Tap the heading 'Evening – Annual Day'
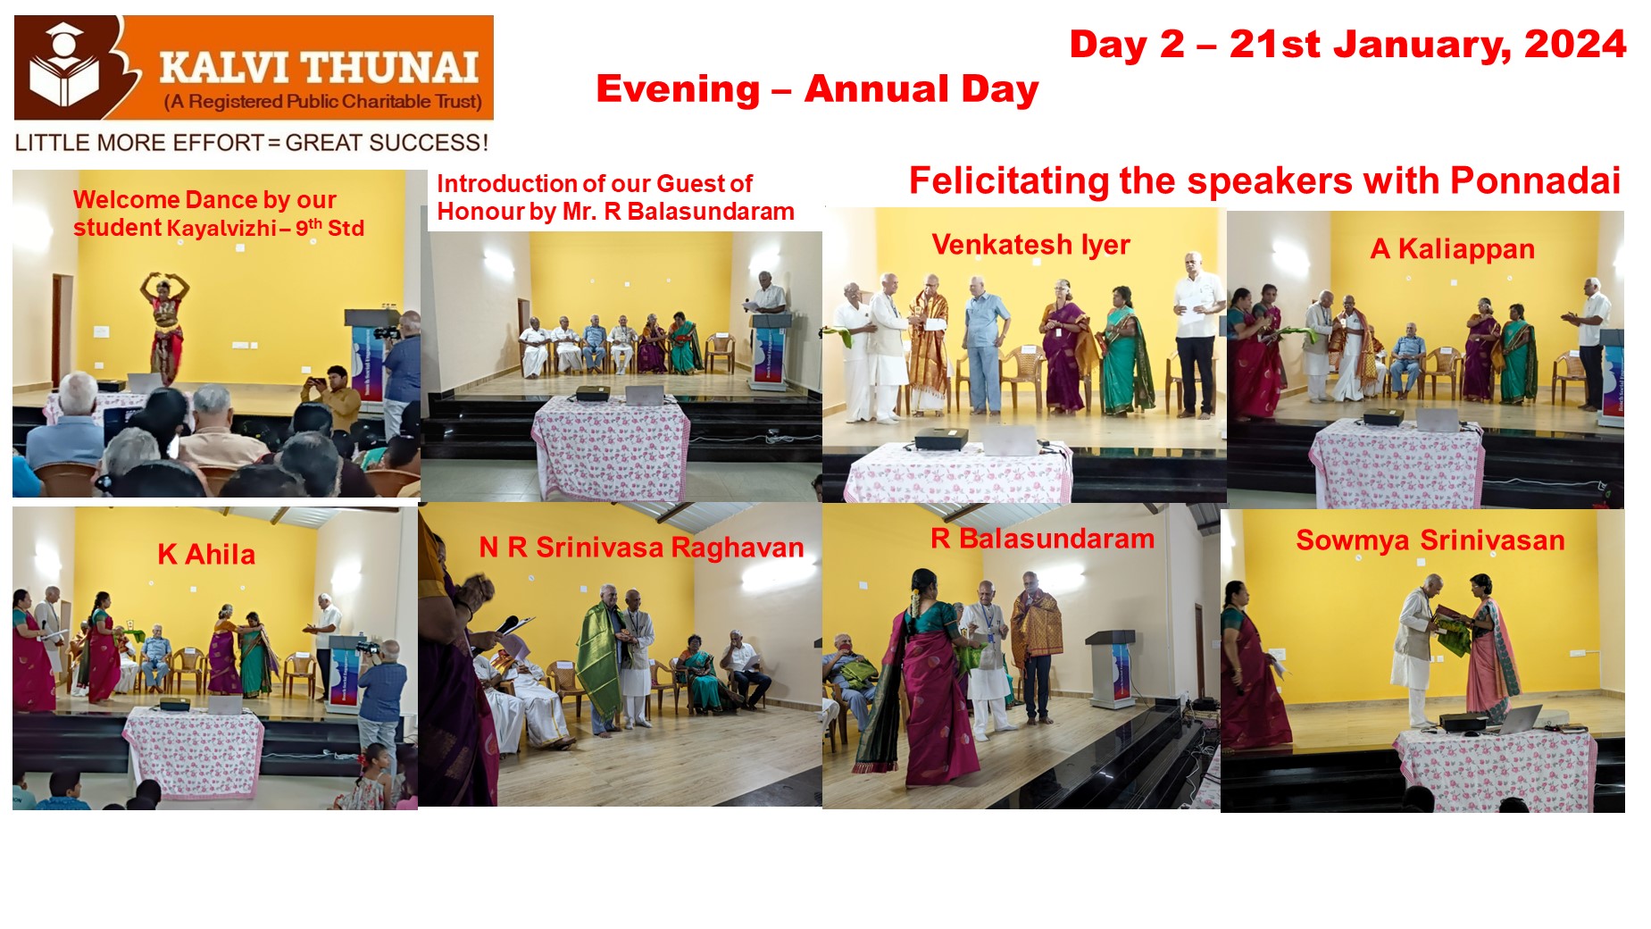pos(817,89)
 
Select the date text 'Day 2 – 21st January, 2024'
pos(1347,45)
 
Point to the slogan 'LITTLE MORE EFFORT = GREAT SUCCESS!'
pos(252,143)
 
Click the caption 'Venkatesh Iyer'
pos(1030,245)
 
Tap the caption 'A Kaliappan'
pos(1452,249)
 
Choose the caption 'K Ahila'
pos(206,555)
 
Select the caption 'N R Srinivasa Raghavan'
pos(641,548)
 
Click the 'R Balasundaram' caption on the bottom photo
pos(1042,539)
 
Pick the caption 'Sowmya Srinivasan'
pos(1430,540)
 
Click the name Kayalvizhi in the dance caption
pos(221,229)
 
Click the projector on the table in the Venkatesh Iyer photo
pos(941,437)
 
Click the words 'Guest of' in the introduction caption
pos(704,184)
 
